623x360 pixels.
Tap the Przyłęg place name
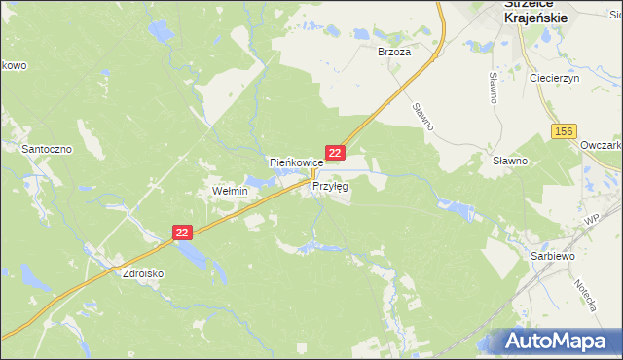(330, 185)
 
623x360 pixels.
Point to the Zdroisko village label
(142, 274)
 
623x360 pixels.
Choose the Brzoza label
(394, 54)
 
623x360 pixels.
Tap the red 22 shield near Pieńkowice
(335, 153)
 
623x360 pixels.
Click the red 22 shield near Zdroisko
(183, 233)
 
